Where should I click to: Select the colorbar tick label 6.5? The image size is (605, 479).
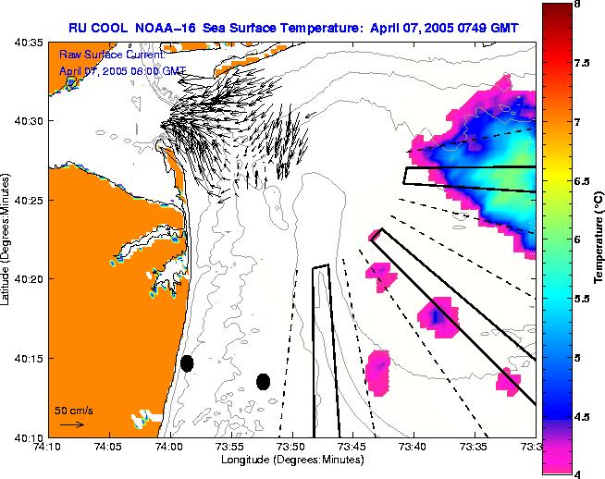580,181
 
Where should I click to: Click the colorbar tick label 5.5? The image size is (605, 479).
580,299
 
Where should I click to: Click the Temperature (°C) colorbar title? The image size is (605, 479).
599,239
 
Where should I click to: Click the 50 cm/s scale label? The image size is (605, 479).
73,410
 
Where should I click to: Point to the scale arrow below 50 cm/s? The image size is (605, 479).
72,424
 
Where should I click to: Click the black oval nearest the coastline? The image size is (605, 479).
187,363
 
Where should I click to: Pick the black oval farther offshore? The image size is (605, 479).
263,381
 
